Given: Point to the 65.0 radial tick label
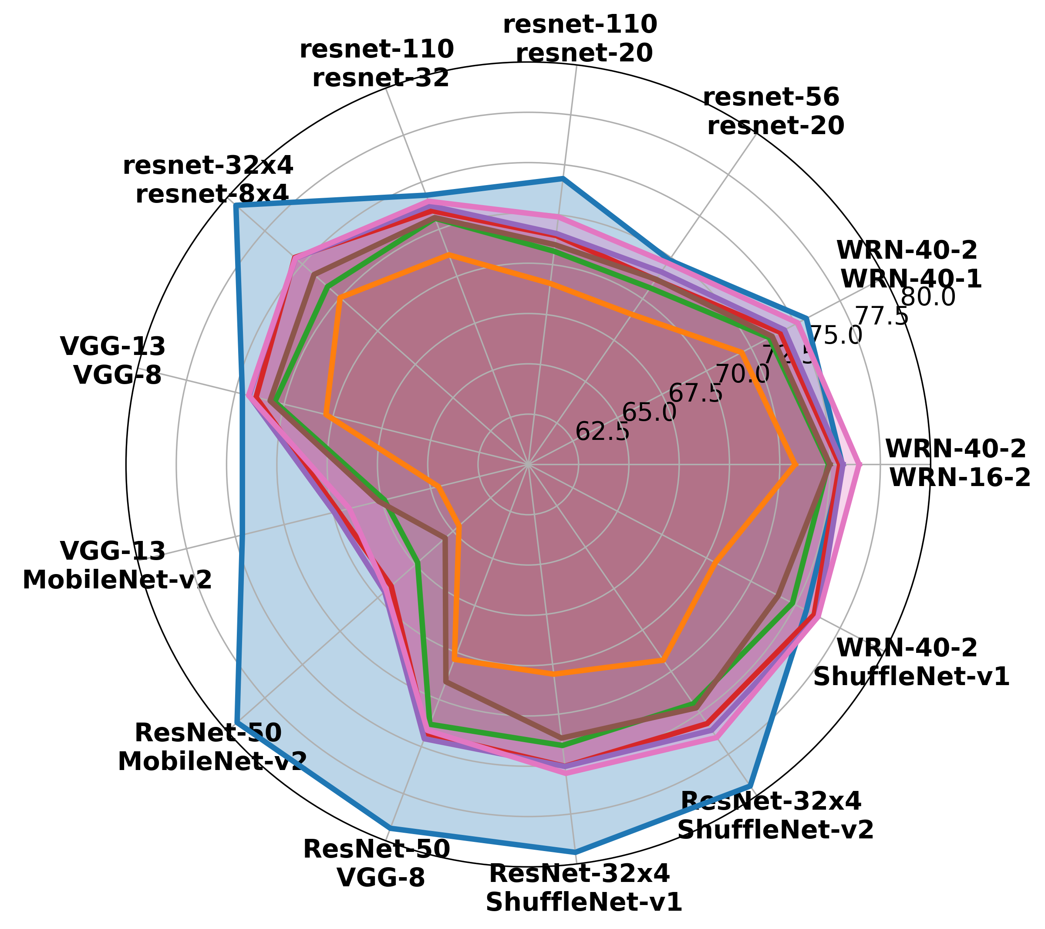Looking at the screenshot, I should coord(649,412).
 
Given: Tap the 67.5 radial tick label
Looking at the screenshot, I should coord(696,394).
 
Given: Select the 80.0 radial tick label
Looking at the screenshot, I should coord(928,297).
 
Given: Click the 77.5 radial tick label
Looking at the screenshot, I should coord(882,317).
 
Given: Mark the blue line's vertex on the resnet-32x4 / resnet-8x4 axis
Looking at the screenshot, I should coord(236,206).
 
